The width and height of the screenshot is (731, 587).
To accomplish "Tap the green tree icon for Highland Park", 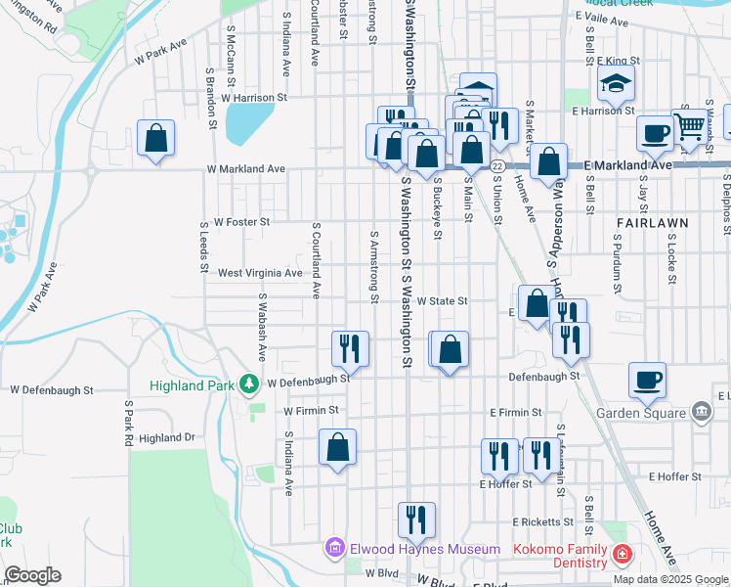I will [x=251, y=384].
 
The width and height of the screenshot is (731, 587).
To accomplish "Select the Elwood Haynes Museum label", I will [x=425, y=550].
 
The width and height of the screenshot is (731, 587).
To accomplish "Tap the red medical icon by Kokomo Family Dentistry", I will [x=622, y=556].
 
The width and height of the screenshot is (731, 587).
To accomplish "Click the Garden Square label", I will [x=655, y=412].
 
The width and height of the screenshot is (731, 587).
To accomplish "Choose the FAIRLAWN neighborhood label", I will [x=653, y=223].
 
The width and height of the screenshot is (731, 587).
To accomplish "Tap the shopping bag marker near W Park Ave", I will [x=155, y=139].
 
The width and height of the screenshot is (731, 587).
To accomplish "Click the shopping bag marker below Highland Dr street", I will [x=337, y=447].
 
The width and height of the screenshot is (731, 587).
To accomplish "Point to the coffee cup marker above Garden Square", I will [x=647, y=380].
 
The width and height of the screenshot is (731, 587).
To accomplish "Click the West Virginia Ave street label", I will [x=259, y=273].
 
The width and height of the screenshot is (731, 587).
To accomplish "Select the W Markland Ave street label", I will [x=245, y=169].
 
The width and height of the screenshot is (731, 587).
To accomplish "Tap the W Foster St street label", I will [x=241, y=222].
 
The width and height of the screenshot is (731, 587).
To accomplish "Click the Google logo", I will [x=32, y=575].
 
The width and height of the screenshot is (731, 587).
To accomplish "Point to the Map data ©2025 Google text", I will [x=669, y=579].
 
